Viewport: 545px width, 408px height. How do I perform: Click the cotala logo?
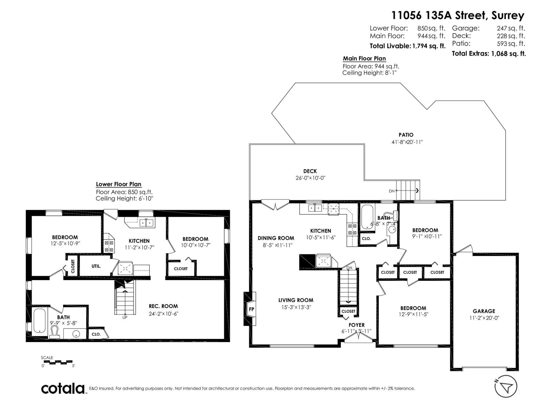click(x=63, y=388)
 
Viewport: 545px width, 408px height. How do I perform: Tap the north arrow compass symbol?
click(x=505, y=387)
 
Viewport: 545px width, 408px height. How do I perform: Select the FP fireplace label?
click(x=251, y=309)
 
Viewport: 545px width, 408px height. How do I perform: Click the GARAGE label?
click(x=484, y=311)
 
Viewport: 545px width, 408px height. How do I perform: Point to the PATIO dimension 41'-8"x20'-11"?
click(x=407, y=142)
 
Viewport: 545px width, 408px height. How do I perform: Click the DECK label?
click(x=310, y=171)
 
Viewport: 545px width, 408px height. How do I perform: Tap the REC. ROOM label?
click(x=163, y=306)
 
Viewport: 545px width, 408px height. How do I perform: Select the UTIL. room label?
click(x=96, y=266)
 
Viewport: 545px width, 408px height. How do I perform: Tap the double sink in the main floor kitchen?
click(x=314, y=208)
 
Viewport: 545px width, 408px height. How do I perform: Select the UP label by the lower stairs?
click(x=125, y=318)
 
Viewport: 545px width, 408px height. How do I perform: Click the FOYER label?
click(x=356, y=325)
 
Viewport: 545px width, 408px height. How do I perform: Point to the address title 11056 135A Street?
click(x=457, y=15)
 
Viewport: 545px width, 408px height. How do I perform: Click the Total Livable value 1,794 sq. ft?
click(x=429, y=46)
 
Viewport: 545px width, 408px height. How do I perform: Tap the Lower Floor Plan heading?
click(x=119, y=184)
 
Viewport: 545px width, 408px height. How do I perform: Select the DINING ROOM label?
click(x=276, y=238)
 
